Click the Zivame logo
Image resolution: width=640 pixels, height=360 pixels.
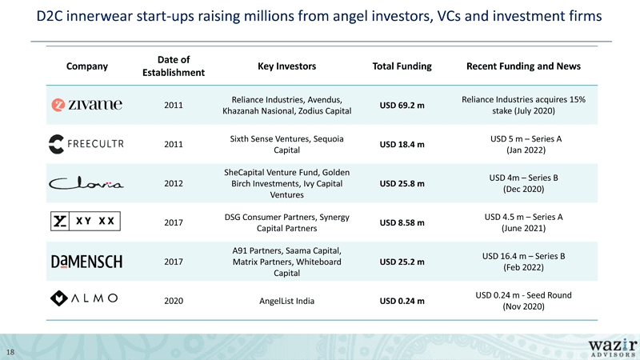86,105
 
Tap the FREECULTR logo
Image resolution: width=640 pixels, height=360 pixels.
86,144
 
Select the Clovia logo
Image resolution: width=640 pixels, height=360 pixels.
86,184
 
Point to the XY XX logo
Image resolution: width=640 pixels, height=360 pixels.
86,222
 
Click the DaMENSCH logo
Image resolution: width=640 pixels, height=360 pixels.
86,262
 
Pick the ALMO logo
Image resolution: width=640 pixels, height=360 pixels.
84,298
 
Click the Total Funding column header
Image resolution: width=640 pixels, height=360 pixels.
402,66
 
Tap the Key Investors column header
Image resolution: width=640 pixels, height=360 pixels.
286,66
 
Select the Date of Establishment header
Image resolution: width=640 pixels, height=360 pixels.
174,66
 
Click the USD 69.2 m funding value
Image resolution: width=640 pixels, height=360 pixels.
402,106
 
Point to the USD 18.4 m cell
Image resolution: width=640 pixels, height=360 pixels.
402,145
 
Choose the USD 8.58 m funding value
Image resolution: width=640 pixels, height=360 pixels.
402,223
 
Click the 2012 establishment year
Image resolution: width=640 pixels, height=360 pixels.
174,184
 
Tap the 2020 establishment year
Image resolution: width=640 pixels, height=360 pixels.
174,302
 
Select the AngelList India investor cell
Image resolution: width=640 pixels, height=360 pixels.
286,302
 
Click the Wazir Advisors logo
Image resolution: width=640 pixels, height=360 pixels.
613,348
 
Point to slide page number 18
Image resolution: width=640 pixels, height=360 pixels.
10,352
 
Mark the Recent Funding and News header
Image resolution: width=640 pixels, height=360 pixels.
523,66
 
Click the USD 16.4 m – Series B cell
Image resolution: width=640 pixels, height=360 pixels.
523,262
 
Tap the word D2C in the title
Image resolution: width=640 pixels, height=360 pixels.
50,16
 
